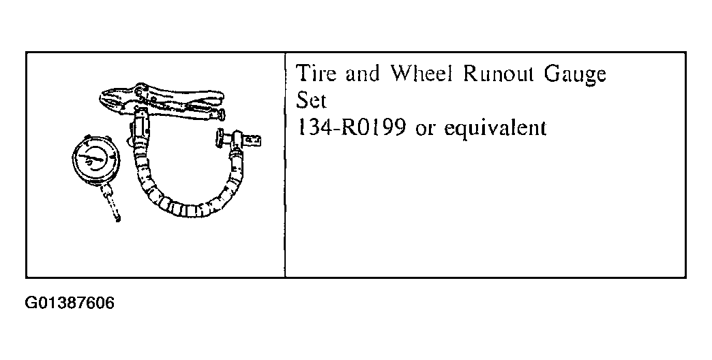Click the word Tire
316,74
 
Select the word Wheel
422,74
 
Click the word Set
311,100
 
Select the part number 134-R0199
351,127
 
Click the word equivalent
495,128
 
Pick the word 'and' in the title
362,74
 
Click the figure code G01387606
70,303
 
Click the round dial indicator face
96,160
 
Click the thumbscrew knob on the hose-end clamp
220,136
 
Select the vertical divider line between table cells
285,165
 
